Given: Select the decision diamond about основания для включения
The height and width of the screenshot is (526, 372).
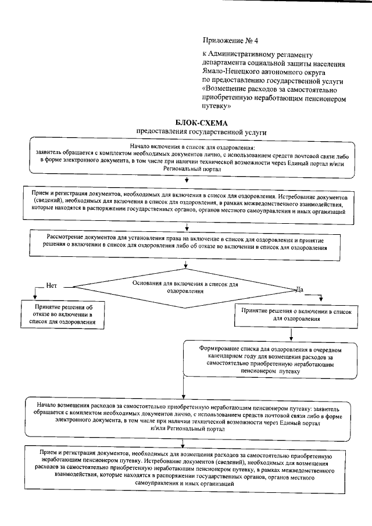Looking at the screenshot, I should [x=185, y=287].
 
